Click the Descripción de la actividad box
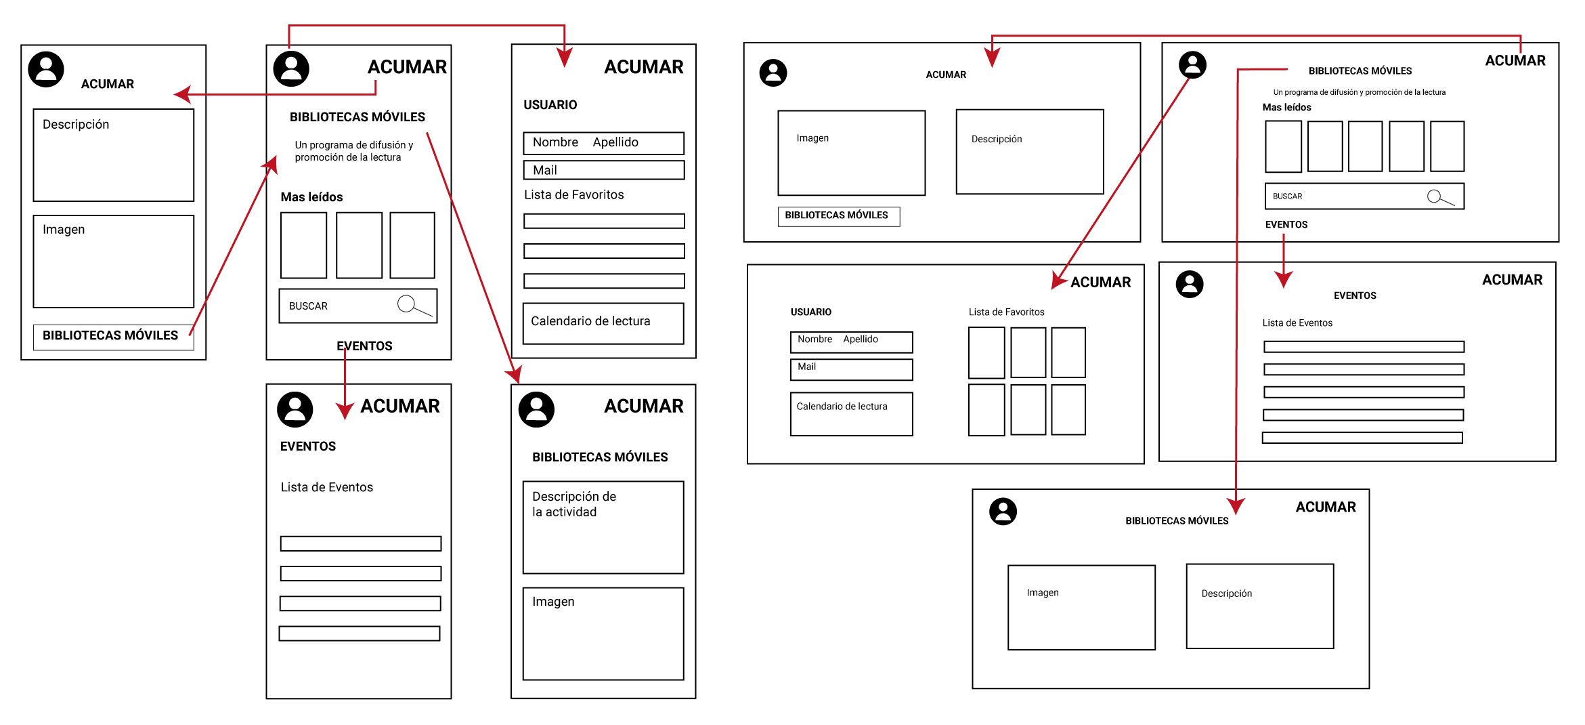tap(603, 527)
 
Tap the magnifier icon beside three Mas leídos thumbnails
tap(407, 304)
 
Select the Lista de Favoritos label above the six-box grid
tap(1006, 312)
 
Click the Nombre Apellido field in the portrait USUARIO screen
tap(603, 143)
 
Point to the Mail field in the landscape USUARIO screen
tap(851, 369)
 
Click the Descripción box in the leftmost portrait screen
tap(114, 155)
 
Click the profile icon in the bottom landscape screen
tap(1003, 512)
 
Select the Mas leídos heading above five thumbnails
tap(1286, 108)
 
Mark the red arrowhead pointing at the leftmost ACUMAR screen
tap(183, 95)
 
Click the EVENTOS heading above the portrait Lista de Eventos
tap(308, 447)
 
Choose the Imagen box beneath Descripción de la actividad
tap(603, 634)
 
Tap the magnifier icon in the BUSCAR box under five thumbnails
tap(1435, 196)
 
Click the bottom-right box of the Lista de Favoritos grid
tap(1068, 410)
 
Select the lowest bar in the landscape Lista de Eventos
tap(1362, 438)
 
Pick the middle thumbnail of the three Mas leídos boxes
tap(359, 245)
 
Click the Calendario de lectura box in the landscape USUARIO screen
tap(851, 413)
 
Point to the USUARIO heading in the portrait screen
tap(550, 105)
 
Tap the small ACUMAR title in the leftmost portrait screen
tap(108, 84)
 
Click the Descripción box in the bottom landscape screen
tap(1259, 606)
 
